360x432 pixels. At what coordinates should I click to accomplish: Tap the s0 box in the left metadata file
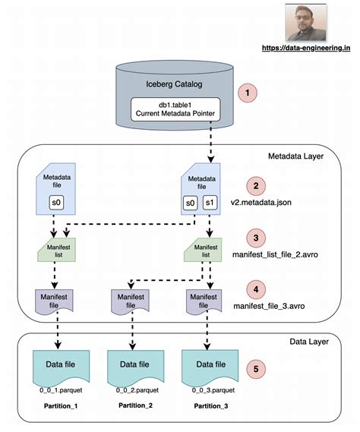55,203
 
